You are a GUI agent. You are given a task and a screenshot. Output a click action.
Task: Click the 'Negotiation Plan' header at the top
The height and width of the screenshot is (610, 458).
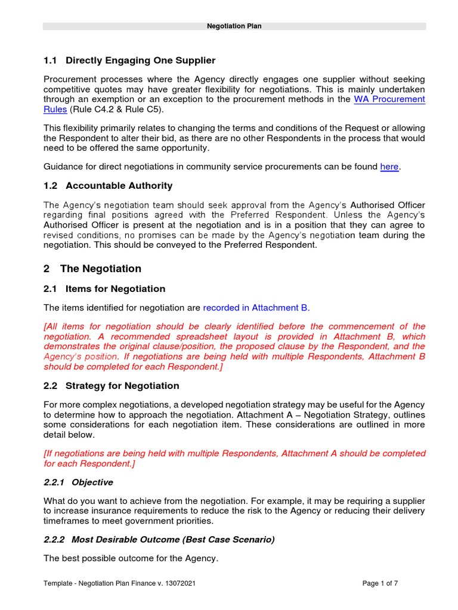click(234, 26)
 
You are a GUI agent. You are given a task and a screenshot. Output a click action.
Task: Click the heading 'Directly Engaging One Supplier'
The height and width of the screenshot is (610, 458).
click(140, 61)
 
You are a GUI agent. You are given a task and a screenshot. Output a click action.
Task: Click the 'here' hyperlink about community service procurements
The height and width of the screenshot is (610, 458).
click(389, 167)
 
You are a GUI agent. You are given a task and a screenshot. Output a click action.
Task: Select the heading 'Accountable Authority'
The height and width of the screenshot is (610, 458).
click(119, 186)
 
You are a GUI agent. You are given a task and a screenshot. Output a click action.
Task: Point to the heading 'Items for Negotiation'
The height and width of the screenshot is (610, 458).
click(115, 289)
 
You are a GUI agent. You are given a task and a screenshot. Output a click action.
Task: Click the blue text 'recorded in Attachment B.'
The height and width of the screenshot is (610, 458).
click(256, 308)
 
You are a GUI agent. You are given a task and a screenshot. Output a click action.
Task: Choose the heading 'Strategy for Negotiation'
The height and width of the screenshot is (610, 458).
click(122, 386)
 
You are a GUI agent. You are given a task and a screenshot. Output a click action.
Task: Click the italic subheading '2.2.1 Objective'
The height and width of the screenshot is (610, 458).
click(78, 483)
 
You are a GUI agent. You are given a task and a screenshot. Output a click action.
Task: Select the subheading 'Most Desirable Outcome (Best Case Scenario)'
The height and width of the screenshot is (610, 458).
click(173, 540)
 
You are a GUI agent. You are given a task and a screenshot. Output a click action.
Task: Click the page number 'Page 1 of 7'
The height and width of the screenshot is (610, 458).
click(380, 584)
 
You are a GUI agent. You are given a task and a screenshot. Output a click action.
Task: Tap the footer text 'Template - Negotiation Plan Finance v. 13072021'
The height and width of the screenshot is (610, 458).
click(119, 584)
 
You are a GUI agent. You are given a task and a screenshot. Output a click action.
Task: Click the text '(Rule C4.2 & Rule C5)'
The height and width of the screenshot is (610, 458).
click(116, 110)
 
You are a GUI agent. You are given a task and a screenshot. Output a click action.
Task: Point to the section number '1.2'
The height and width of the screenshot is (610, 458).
click(50, 186)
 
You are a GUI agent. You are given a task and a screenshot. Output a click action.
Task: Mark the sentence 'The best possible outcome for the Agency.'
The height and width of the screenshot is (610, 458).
click(131, 559)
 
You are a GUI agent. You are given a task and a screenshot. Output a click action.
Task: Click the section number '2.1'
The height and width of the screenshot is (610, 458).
click(50, 289)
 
